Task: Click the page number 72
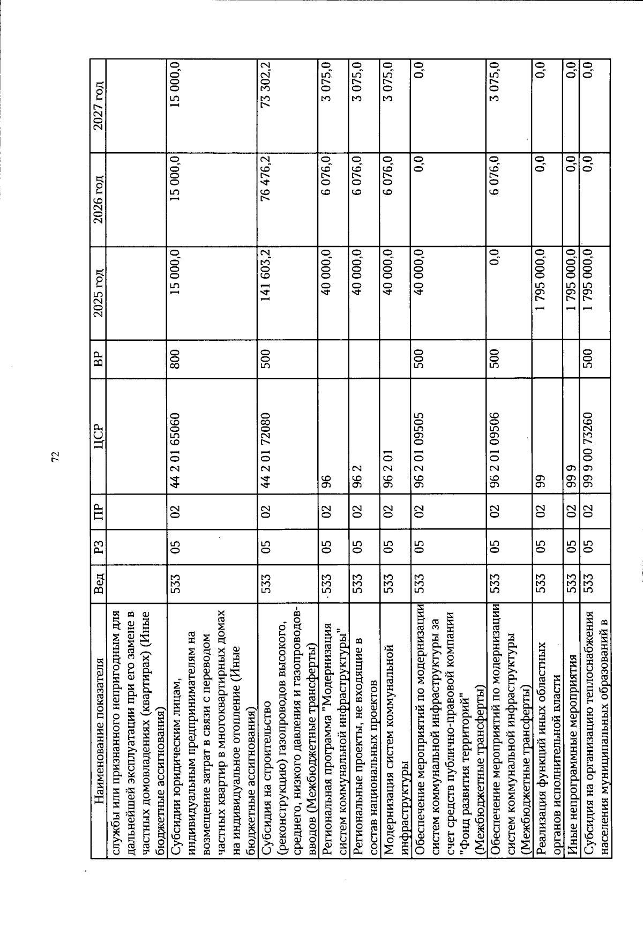(x=55, y=455)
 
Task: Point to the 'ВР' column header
(x=99, y=356)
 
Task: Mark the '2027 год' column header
(x=99, y=107)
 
